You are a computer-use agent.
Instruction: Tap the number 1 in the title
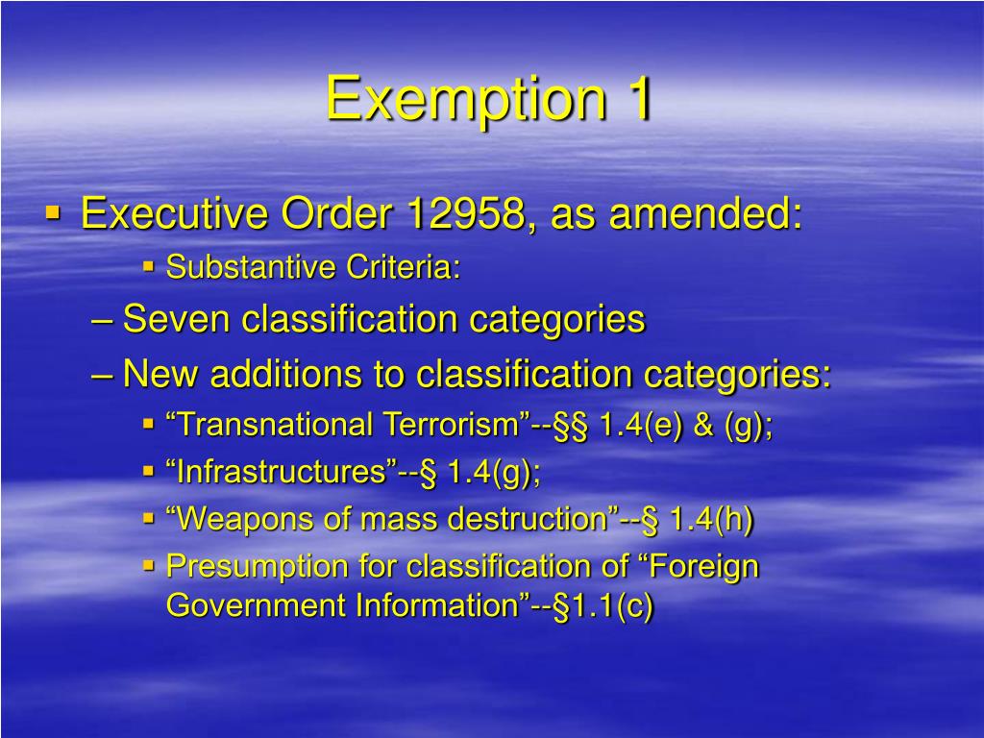coord(635,98)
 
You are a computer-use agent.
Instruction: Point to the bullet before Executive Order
coord(54,210)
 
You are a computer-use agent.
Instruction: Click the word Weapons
coord(240,520)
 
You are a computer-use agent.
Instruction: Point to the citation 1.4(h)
coord(711,520)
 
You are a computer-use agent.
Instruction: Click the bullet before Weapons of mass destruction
coord(149,518)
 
